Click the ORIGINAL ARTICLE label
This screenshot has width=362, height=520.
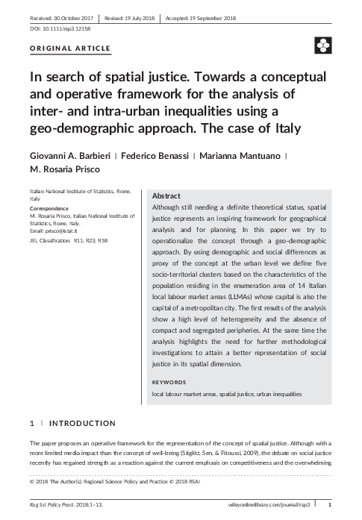pos(69,48)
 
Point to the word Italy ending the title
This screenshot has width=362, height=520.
pos(280,128)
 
